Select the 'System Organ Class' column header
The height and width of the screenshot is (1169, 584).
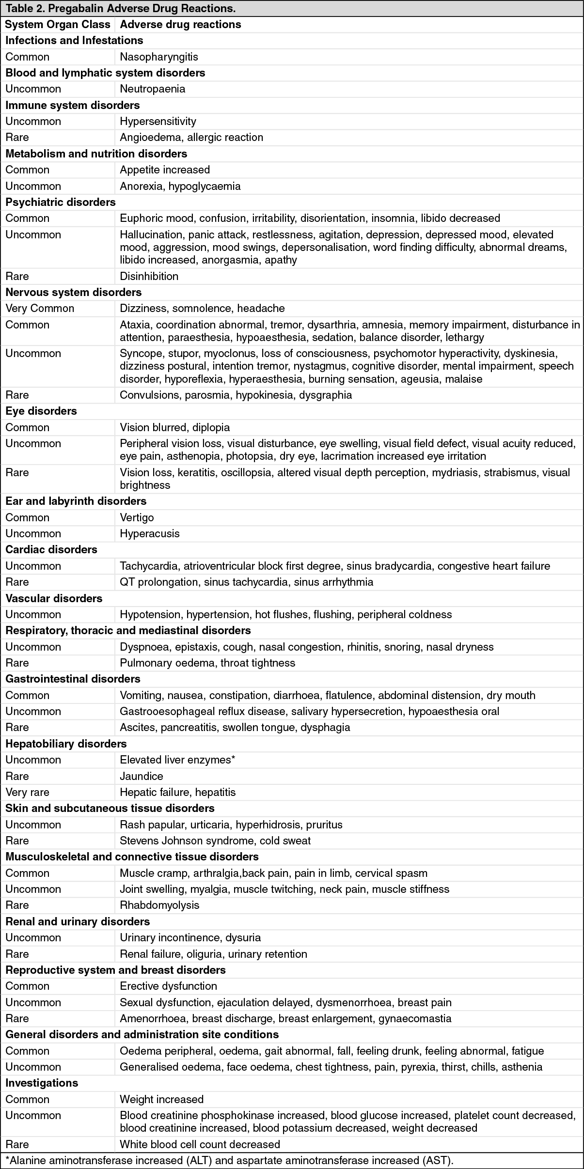[x=58, y=24]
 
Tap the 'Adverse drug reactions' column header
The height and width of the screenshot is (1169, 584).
[x=180, y=24]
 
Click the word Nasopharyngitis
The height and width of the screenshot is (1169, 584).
[x=159, y=57]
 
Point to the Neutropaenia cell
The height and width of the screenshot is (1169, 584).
[x=152, y=89]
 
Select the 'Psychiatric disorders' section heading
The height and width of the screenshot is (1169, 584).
[x=61, y=202]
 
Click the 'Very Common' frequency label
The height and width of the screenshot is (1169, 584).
[x=40, y=308]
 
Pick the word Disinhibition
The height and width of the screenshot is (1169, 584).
[x=149, y=276]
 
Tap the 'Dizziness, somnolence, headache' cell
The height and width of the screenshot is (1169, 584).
[x=202, y=308]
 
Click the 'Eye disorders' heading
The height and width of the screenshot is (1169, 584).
[x=41, y=411]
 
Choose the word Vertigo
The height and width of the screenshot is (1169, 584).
[x=137, y=517]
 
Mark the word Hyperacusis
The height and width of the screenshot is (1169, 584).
[x=149, y=533]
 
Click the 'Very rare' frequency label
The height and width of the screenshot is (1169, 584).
[x=27, y=792]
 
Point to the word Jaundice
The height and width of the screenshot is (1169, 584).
[x=141, y=776]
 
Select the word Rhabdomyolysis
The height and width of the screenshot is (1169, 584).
[x=159, y=905]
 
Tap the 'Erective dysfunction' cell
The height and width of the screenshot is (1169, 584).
[x=168, y=986]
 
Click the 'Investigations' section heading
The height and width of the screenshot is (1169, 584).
[x=42, y=1083]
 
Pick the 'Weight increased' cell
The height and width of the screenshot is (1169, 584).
[x=161, y=1099]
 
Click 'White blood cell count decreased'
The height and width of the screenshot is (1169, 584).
[x=200, y=1144]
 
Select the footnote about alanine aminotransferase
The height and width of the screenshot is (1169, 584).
[x=229, y=1160]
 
